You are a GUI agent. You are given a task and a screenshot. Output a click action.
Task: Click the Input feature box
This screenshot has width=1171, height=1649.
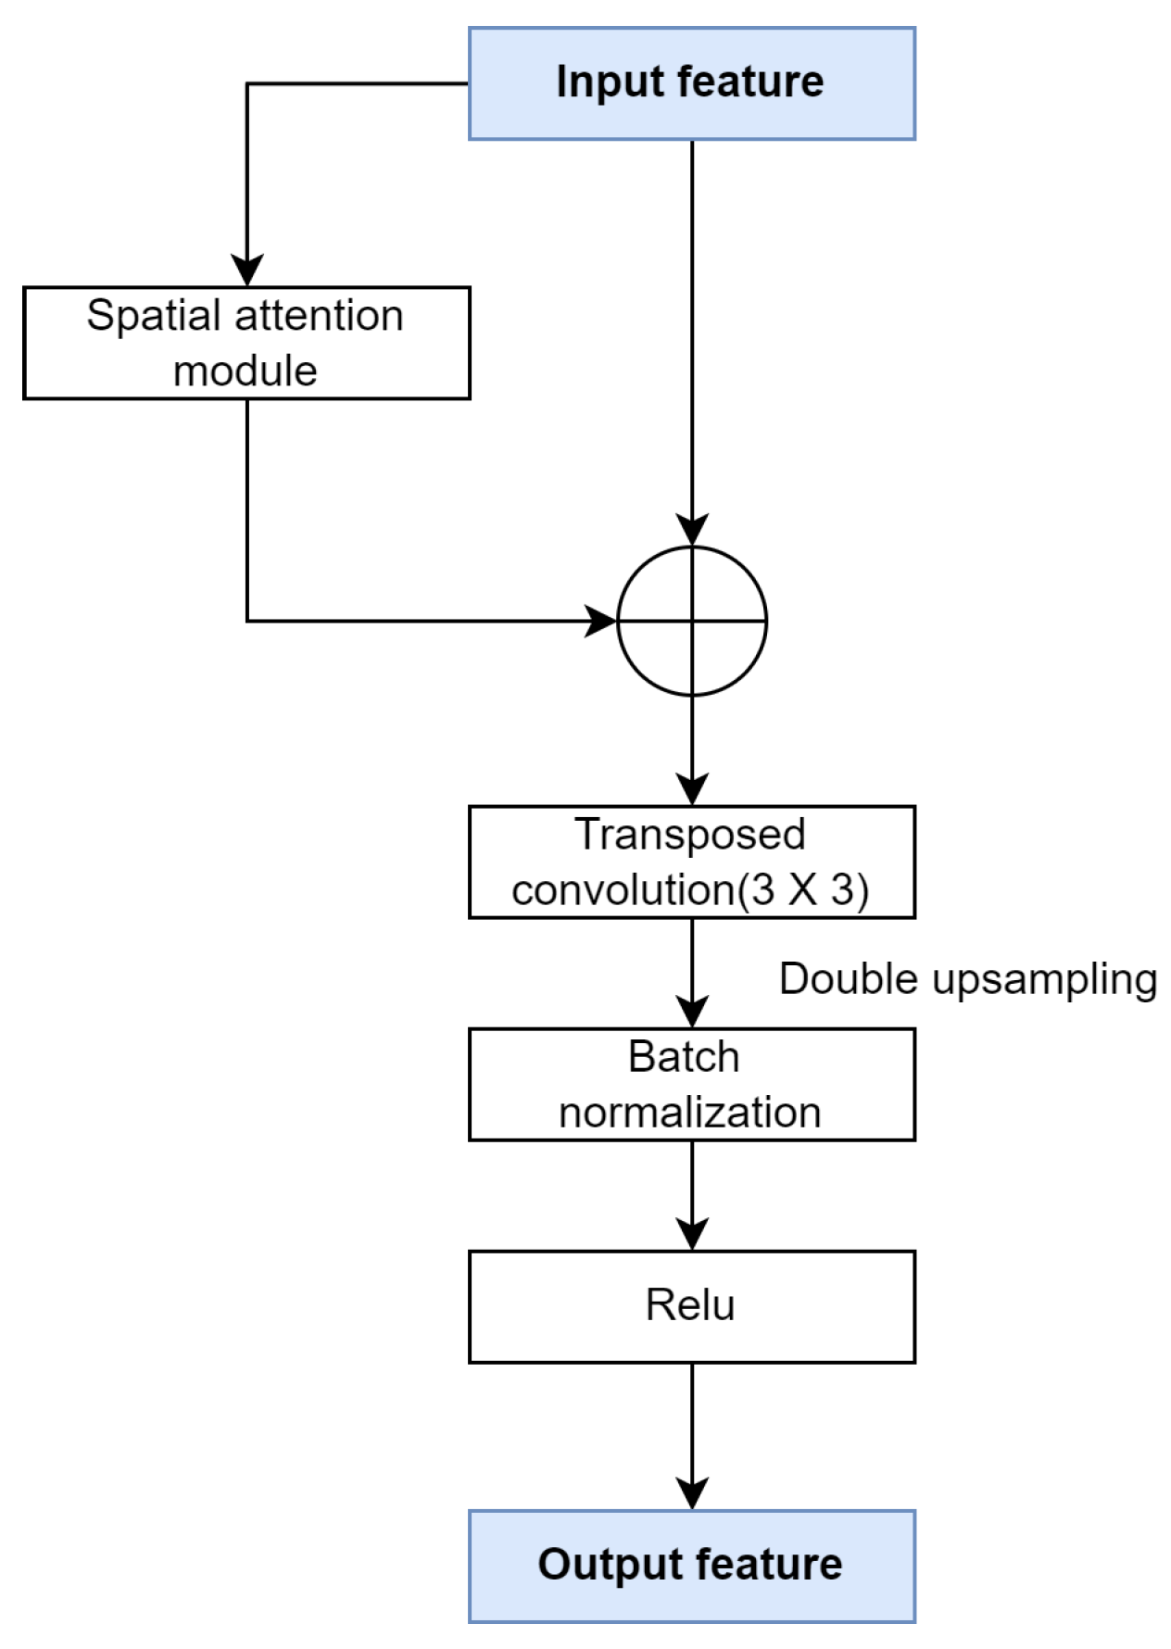[x=691, y=83]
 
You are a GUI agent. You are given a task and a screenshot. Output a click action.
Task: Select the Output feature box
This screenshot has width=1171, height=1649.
[x=691, y=1566]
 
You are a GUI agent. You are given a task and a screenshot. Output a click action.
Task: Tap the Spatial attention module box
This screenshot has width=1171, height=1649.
[x=246, y=343]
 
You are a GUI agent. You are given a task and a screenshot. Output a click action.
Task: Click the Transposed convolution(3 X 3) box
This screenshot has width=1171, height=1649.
[x=691, y=862]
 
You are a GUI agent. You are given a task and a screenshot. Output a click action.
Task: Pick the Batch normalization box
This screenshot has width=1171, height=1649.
[x=691, y=1084]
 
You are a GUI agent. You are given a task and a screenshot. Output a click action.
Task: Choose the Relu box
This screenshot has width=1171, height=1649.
[x=691, y=1306]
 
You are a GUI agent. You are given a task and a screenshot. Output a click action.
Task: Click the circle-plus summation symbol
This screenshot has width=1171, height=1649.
[x=691, y=621]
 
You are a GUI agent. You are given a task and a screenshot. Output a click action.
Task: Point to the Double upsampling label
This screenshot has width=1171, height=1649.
[x=967, y=979]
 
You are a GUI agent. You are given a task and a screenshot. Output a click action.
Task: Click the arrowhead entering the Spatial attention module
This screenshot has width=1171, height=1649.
[x=246, y=271]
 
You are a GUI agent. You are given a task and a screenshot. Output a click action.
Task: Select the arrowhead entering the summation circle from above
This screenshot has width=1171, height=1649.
[x=691, y=530]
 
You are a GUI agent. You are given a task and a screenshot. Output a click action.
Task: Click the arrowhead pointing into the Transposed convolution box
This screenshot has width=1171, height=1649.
[x=691, y=789]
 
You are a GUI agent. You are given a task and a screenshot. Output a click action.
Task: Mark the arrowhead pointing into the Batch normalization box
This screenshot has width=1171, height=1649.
[x=691, y=1012]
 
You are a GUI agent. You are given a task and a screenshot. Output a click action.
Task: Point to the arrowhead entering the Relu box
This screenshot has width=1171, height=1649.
[x=691, y=1234]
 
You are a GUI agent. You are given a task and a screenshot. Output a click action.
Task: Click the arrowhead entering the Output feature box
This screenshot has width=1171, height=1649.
[x=691, y=1493]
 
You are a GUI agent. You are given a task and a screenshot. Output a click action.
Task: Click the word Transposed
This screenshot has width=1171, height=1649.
[x=689, y=834]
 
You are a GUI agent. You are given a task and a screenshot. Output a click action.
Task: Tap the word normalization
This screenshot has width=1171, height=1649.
[x=689, y=1112]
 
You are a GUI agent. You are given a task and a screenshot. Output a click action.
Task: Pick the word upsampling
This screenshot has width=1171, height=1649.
[x=1044, y=980]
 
